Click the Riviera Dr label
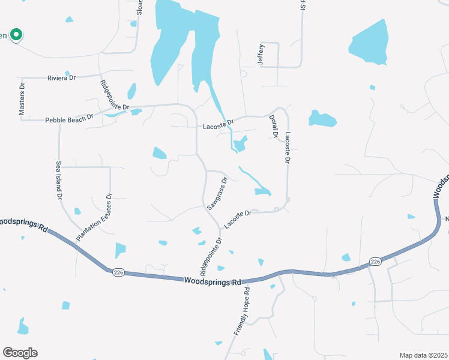61,78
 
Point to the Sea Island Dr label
59,180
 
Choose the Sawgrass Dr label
217,193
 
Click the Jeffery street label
261,55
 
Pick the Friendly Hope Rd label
242,311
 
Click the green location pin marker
17,35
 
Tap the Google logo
20,353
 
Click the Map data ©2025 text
423,355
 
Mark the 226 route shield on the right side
376,262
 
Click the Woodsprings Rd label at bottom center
212,281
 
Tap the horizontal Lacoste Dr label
218,127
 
